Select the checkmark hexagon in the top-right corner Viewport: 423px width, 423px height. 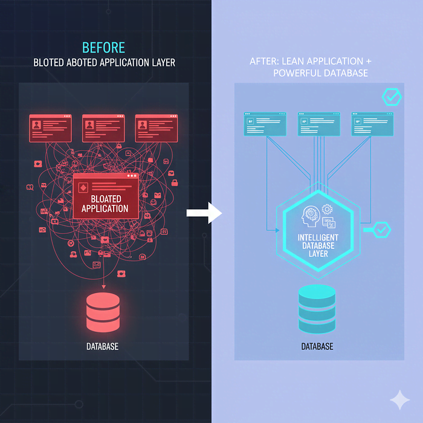392,96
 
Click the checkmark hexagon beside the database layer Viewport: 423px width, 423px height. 381,229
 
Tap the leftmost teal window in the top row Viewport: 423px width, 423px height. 265,124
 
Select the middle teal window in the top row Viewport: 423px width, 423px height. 318,124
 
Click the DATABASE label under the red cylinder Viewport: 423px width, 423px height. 102,347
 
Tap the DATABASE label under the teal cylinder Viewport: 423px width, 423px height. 317,347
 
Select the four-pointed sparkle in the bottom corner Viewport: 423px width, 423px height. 399,399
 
